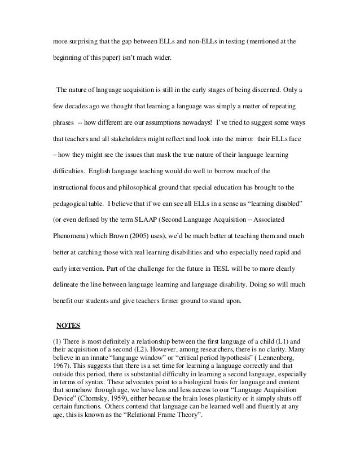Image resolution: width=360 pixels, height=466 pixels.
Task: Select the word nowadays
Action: [208, 122]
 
